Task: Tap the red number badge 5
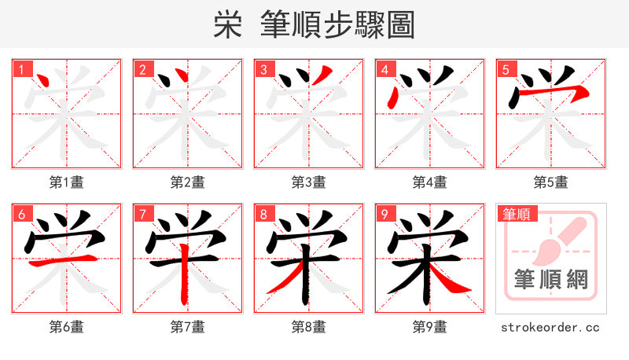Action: point(506,69)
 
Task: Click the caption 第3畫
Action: point(308,182)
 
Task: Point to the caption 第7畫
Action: point(187,327)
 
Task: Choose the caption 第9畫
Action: point(429,327)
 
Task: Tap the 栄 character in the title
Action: point(227,25)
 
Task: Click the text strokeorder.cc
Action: point(550,327)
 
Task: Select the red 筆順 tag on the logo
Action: point(516,214)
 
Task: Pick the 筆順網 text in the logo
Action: point(550,279)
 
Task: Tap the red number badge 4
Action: point(385,69)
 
